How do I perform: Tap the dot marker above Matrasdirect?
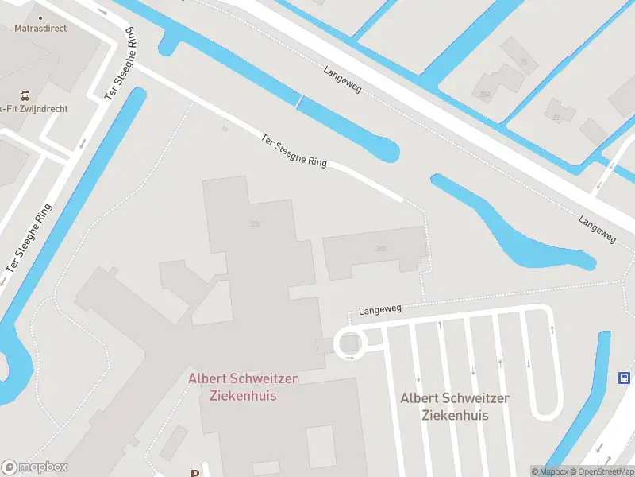(x=40, y=15)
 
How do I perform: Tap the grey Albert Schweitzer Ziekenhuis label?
(x=454, y=406)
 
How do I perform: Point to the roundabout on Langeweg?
(x=348, y=344)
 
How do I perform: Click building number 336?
(x=255, y=224)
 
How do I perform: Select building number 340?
(x=381, y=249)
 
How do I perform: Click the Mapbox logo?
(x=35, y=467)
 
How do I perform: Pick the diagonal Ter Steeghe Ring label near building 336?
(x=294, y=150)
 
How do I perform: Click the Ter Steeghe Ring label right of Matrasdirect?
(x=120, y=68)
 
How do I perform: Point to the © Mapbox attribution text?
(x=550, y=471)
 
